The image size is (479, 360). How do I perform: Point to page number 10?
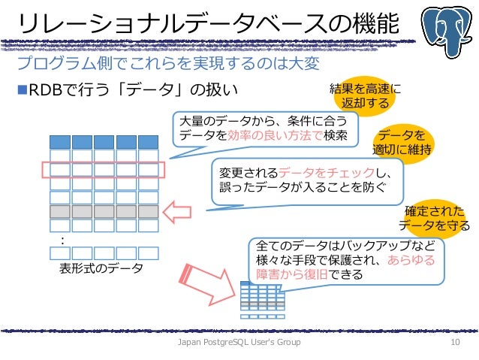tap(453, 343)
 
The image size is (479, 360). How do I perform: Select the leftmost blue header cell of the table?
tap(59, 142)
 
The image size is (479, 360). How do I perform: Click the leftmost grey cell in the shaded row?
tap(59, 211)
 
